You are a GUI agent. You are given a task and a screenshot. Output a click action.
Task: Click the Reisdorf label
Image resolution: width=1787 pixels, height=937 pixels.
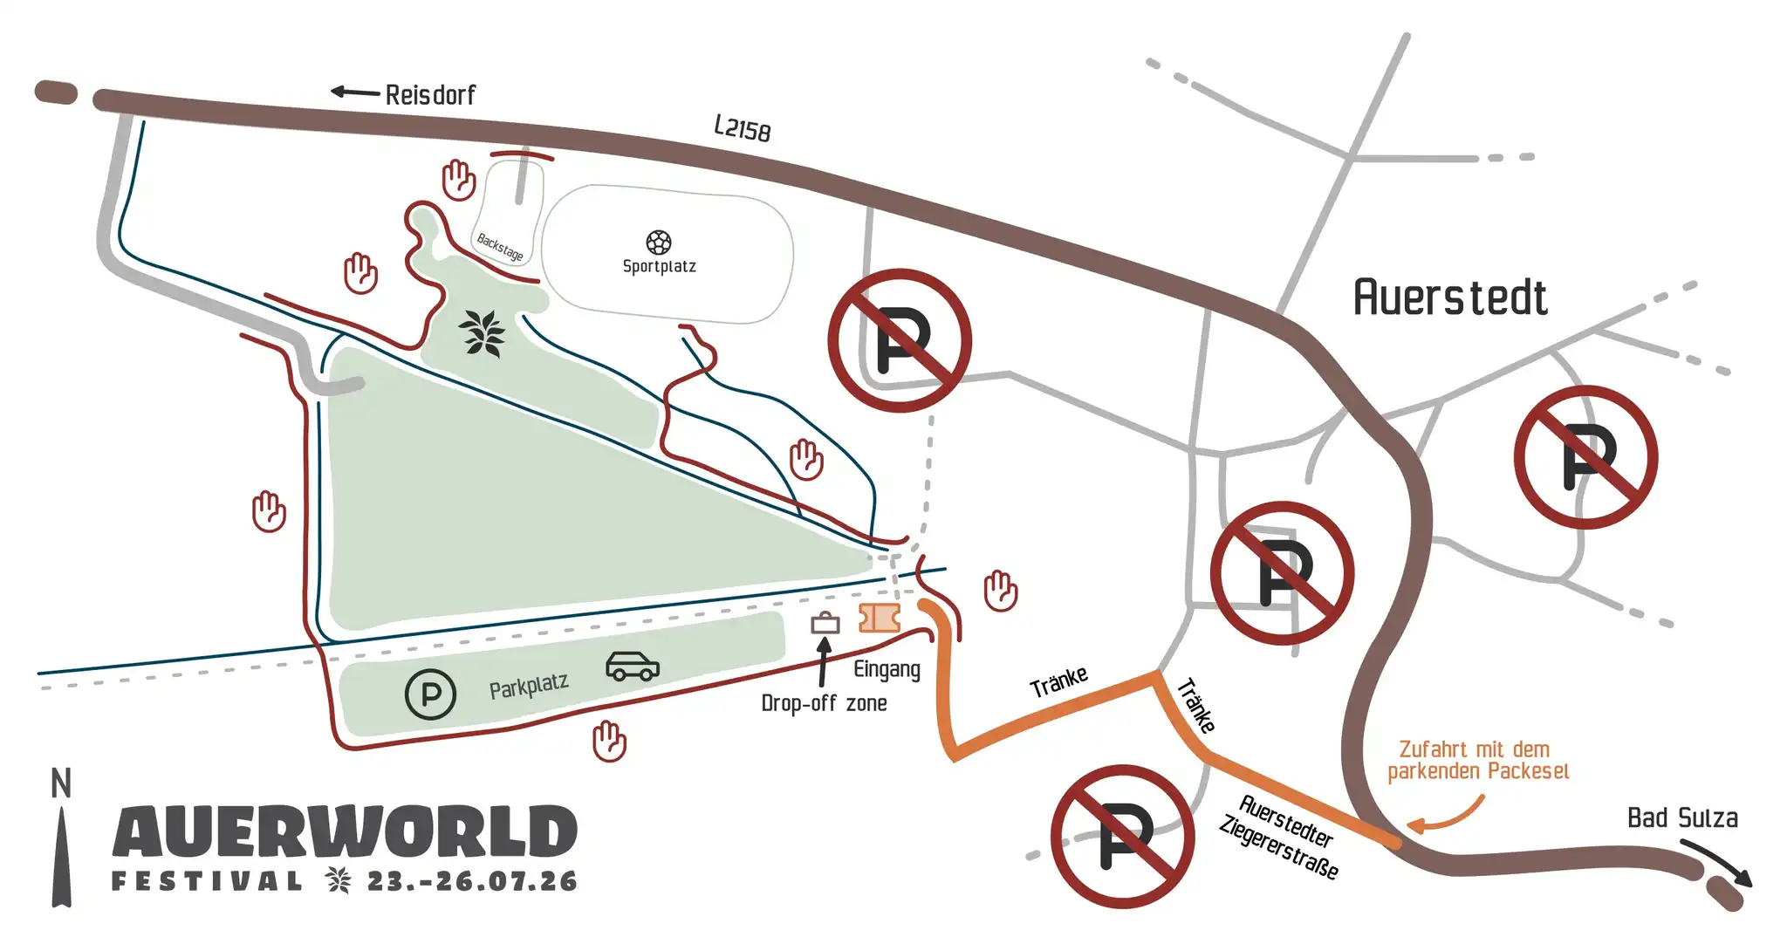[430, 94]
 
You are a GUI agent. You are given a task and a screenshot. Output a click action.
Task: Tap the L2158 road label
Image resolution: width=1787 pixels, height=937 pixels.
[743, 128]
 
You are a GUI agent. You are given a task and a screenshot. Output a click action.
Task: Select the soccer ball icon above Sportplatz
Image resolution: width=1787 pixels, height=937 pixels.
[659, 242]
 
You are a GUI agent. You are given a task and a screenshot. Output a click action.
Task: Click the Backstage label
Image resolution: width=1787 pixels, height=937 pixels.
[500, 247]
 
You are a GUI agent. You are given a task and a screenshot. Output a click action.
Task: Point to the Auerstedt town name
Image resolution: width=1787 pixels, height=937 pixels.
[1450, 298]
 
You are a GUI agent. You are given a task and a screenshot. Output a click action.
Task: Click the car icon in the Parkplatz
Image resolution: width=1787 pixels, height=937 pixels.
[633, 666]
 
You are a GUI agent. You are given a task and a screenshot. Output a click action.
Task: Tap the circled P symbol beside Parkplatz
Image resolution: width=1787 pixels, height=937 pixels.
[431, 694]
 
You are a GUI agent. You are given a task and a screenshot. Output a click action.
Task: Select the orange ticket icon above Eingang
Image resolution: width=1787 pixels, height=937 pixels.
[880, 618]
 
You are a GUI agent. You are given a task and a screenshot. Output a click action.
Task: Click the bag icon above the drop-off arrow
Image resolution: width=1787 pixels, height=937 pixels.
[825, 623]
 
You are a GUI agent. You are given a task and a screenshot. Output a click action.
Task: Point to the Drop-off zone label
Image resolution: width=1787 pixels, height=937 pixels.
[824, 703]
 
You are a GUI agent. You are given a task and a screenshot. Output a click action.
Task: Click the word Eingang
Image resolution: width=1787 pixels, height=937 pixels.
[887, 670]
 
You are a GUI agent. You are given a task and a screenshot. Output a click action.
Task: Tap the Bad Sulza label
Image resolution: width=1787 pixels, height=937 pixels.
[1682, 818]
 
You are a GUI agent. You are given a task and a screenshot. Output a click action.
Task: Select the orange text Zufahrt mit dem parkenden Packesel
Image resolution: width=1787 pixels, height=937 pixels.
[1478, 760]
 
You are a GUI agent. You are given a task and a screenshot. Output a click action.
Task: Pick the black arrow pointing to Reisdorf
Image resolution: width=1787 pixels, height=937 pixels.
[354, 92]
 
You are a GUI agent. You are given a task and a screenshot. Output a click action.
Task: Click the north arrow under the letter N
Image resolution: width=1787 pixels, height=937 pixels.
[61, 859]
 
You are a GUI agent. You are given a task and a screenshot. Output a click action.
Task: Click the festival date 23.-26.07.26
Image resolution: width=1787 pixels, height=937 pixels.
[472, 881]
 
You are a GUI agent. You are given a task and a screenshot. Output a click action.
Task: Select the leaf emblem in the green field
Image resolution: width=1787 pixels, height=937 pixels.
[482, 333]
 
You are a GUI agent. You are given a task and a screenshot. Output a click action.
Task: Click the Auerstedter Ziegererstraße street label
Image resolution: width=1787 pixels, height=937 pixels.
[1280, 837]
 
